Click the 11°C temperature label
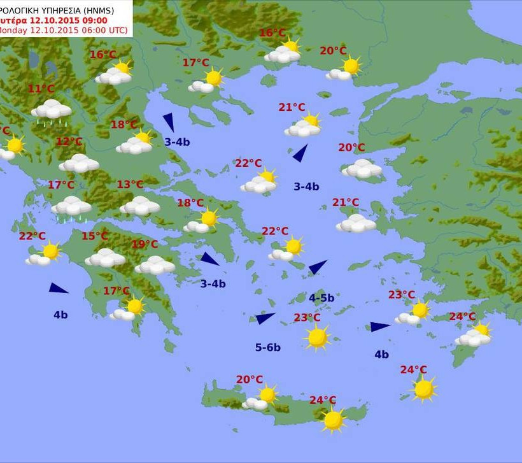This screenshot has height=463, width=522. pos(41,89)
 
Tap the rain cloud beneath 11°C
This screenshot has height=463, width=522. pos(51,110)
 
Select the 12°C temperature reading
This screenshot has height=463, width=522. pos(69,141)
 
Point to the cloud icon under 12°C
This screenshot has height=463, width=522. pos(79,164)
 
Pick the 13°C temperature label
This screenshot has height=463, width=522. pos(130,185)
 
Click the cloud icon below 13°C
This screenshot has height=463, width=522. pos(139,206)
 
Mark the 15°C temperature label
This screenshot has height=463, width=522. pos(94,236)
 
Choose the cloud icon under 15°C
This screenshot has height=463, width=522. pos(105,258)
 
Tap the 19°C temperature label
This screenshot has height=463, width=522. pos(145,244)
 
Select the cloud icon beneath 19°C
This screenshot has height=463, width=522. pos(155,265)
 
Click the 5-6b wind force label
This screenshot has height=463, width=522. pos(268,347)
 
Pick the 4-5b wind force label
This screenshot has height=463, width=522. pos(321,297)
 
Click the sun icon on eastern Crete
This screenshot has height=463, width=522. pos(333,420)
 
